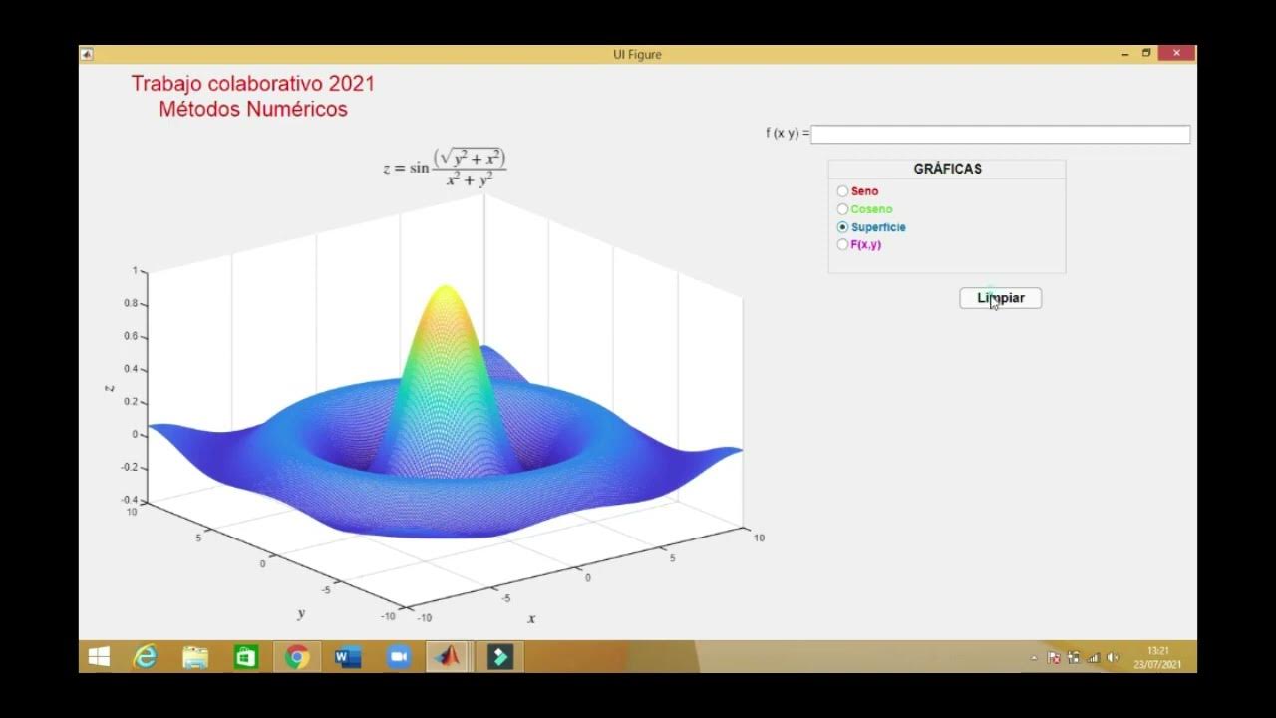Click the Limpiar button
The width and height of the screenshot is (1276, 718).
click(1000, 298)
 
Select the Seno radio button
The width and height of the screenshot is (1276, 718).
click(843, 191)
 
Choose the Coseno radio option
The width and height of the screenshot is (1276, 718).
click(843, 209)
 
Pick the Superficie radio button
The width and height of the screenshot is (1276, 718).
click(843, 227)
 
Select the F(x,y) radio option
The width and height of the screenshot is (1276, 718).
click(843, 245)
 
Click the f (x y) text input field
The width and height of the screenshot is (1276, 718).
click(1000, 134)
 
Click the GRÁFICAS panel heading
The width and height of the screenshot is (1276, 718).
click(947, 169)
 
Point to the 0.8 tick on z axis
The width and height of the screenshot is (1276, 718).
click(131, 303)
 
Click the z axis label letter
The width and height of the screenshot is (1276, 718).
click(110, 387)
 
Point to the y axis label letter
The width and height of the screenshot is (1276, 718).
click(300, 613)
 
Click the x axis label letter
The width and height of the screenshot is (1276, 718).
click(531, 618)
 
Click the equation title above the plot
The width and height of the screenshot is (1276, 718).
click(446, 168)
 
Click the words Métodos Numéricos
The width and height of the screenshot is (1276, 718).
click(253, 110)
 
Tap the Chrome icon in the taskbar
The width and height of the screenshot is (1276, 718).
click(296, 657)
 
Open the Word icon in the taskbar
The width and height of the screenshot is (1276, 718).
click(347, 657)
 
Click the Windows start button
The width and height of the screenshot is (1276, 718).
click(99, 657)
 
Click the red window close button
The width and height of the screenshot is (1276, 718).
click(1176, 54)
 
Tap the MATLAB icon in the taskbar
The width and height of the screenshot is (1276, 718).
click(448, 657)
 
